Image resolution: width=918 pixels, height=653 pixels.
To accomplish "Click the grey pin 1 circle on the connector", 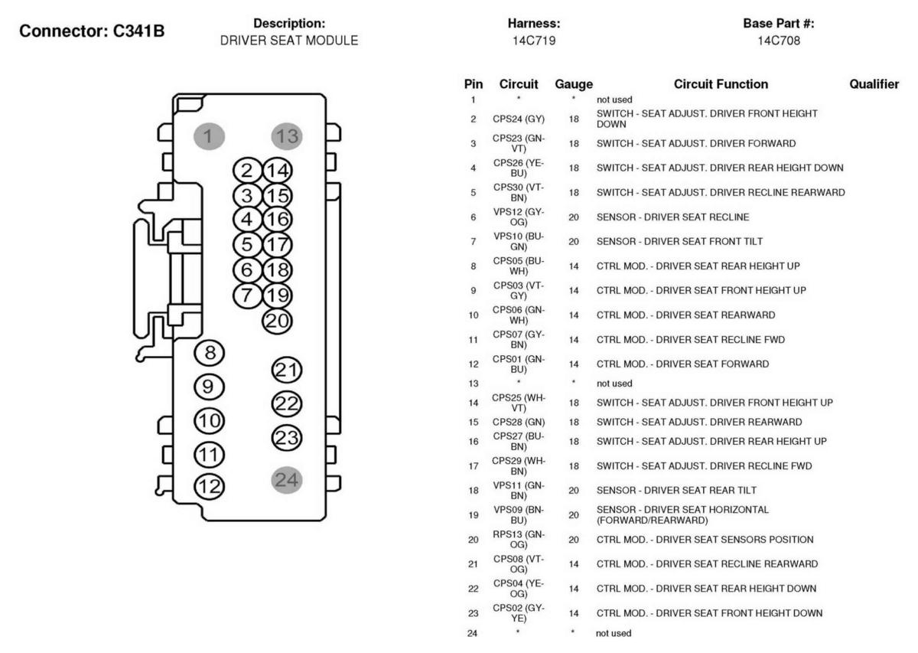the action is [209, 136].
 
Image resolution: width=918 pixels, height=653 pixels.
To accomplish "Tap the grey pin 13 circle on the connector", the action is [287, 136].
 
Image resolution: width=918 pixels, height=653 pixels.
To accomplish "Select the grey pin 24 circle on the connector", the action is [287, 480].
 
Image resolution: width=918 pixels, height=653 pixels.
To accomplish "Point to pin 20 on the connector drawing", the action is [278, 321].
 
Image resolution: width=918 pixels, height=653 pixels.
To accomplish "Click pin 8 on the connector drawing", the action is [209, 353].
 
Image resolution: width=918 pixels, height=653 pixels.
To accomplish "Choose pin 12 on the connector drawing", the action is [209, 487].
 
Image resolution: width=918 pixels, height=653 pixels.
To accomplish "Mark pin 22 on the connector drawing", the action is [287, 403].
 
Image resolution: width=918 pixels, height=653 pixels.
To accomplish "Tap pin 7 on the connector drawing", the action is [247, 295].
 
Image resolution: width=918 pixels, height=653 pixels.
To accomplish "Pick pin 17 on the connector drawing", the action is [278, 244].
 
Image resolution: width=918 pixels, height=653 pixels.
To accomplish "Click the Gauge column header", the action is [574, 84].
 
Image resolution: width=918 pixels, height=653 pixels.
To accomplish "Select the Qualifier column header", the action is [874, 84].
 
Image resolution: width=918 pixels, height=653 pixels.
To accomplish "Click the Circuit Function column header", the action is [721, 84].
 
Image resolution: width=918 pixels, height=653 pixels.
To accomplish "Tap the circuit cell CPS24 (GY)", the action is [519, 119].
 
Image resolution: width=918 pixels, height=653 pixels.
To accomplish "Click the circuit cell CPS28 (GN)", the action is [519, 422].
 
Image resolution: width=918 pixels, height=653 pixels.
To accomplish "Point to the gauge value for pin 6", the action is [574, 217].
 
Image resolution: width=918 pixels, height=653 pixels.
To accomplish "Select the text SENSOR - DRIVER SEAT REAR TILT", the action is [676, 490].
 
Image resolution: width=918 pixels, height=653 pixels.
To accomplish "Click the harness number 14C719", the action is [534, 41].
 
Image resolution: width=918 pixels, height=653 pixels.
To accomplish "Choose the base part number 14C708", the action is [779, 41].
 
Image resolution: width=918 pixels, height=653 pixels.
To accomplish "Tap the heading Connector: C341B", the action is [92, 31].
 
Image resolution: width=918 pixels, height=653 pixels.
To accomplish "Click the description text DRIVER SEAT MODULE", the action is [289, 41].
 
